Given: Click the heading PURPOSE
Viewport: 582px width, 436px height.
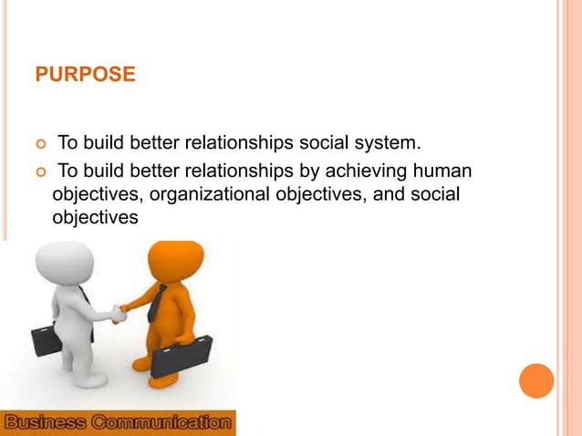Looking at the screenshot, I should (x=85, y=74).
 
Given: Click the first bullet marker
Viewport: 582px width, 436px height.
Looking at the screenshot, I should (x=39, y=144).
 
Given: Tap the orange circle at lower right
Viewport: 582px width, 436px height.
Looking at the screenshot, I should (x=536, y=380).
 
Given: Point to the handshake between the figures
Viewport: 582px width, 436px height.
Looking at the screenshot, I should (x=118, y=312).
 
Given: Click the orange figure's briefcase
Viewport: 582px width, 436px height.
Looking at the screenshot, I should (x=181, y=357).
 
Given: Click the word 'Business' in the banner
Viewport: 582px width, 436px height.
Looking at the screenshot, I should (x=47, y=423).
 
